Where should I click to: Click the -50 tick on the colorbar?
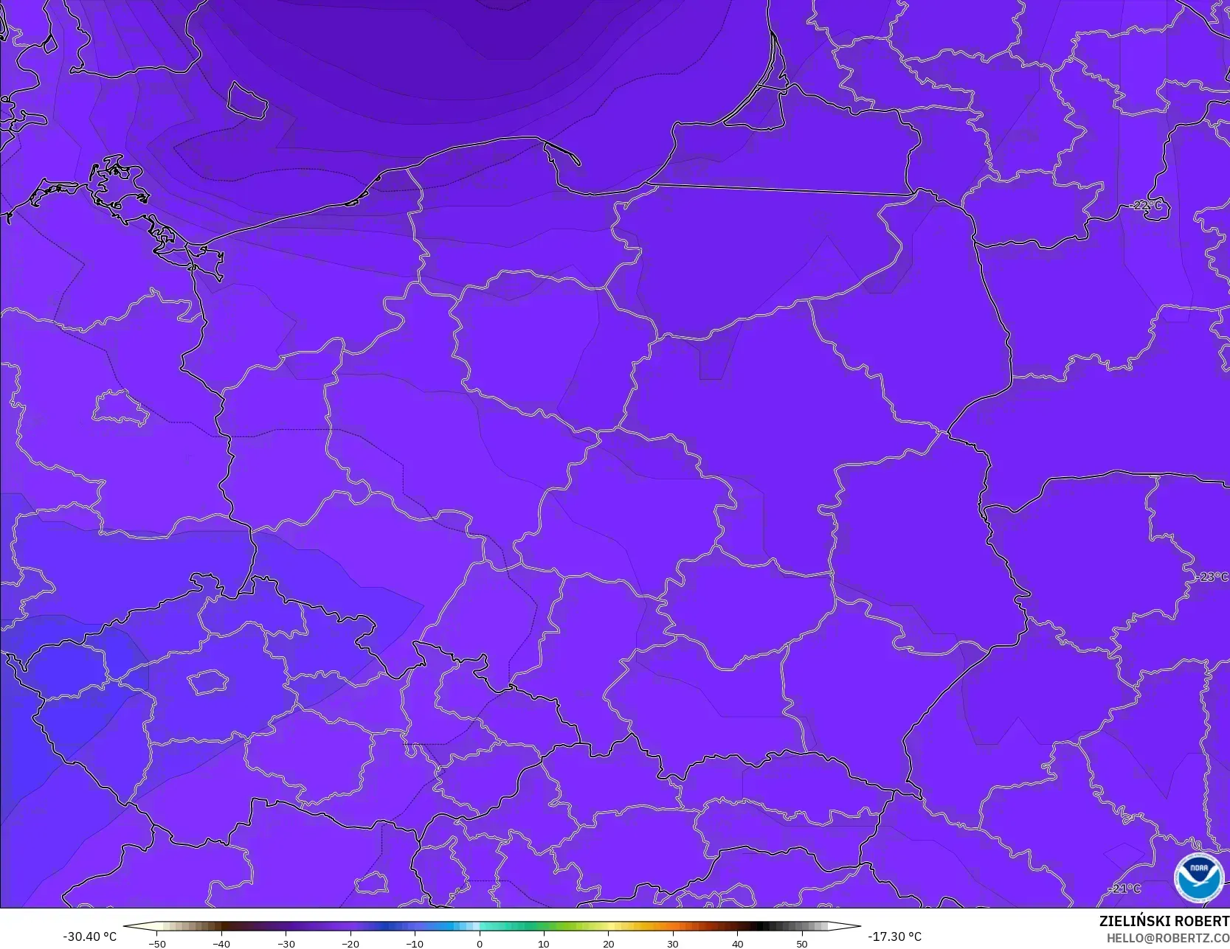point(156,943)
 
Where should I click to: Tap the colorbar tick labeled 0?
point(480,943)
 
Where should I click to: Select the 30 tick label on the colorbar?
point(673,943)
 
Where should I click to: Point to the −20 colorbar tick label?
point(350,943)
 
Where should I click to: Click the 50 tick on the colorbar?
point(802,943)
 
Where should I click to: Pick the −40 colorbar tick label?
point(221,943)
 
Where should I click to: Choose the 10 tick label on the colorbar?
point(544,943)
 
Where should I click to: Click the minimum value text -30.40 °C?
point(89,936)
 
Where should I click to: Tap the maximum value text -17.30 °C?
point(894,936)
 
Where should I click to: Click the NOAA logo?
point(1199,877)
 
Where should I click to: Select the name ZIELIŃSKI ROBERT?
point(1164,921)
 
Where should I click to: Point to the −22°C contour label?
point(1146,206)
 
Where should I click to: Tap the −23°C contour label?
point(1211,577)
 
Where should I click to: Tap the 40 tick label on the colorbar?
point(737,943)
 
